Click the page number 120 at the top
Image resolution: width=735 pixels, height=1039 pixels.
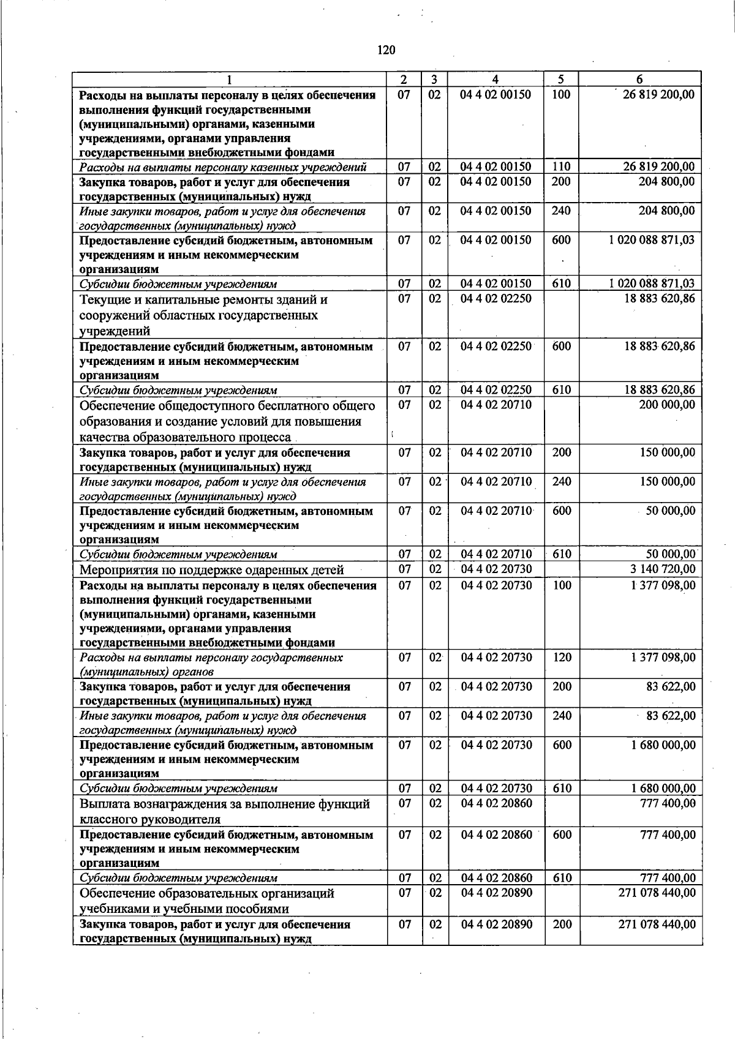tap(386, 50)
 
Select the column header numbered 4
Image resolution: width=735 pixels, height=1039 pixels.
tap(495, 79)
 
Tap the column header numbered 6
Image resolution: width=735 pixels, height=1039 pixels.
tap(639, 79)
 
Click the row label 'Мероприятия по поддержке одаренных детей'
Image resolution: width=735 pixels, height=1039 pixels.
tap(211, 570)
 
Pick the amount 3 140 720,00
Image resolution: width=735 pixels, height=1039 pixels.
tap(663, 569)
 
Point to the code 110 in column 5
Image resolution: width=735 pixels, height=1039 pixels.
tap(561, 167)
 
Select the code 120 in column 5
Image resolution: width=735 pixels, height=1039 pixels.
tap(562, 657)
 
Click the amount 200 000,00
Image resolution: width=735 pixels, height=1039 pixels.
tap(666, 405)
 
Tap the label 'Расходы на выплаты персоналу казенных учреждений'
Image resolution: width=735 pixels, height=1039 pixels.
tap(223, 167)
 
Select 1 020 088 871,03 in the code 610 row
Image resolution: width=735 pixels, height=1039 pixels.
tap(652, 283)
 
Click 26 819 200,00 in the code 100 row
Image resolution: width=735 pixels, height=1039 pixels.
tap(658, 95)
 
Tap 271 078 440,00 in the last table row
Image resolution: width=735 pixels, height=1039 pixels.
tap(657, 924)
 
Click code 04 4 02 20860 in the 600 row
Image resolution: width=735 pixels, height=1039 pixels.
tap(496, 835)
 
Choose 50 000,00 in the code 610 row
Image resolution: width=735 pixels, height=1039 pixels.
tap(671, 554)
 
